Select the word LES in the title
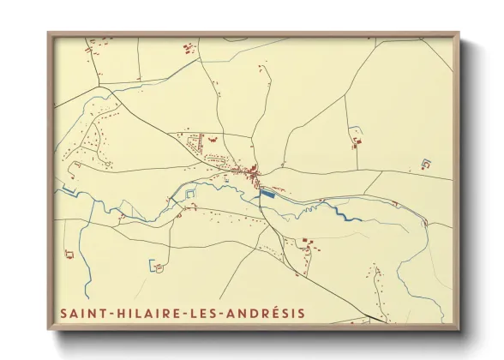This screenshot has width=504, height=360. pos(201,313)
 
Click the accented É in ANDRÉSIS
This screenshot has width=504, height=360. pos(266,313)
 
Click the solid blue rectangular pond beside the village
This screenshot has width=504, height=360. pos(268,195)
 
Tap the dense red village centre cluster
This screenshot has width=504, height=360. pos(254,176)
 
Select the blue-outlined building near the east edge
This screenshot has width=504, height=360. pos(425,163)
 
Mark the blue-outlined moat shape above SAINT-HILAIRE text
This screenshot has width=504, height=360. pos(157,267)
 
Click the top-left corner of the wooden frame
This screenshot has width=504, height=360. pos(49,33)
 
